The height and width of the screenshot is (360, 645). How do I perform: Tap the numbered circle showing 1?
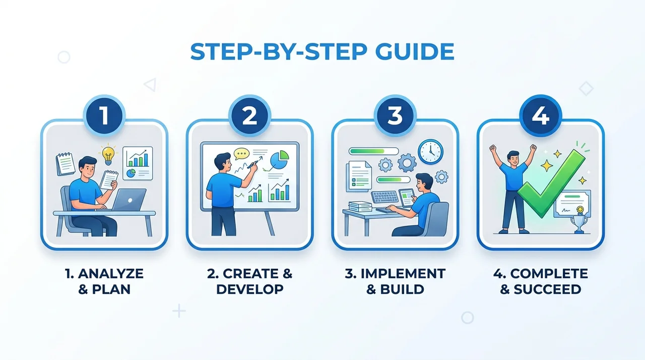pyautogui.click(x=104, y=116)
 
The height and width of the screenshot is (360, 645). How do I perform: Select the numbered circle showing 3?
pyautogui.click(x=395, y=116)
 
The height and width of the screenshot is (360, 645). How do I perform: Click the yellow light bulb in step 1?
pyautogui.click(x=108, y=155)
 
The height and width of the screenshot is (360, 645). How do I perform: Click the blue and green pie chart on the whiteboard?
pyautogui.click(x=279, y=159)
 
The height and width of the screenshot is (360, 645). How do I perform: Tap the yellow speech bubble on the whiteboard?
pyautogui.click(x=241, y=154)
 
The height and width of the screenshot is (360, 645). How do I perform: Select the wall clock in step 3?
pyautogui.click(x=430, y=152)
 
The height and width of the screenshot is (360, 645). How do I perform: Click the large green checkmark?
pyautogui.click(x=551, y=184)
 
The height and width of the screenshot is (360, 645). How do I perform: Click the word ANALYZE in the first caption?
pyautogui.click(x=111, y=274)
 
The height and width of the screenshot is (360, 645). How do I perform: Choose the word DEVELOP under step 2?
pyautogui.click(x=249, y=289)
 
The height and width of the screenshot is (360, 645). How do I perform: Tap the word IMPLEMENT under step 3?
pyautogui.click(x=403, y=274)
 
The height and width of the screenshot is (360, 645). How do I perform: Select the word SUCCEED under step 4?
pyautogui.click(x=547, y=289)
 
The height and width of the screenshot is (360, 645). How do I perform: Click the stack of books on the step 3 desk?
pyautogui.click(x=360, y=207)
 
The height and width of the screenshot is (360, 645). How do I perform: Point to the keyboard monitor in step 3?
pyautogui.click(x=384, y=197)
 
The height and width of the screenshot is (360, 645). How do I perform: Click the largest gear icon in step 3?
pyautogui.click(x=407, y=163)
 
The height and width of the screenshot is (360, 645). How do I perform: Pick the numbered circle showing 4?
pyautogui.click(x=541, y=116)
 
